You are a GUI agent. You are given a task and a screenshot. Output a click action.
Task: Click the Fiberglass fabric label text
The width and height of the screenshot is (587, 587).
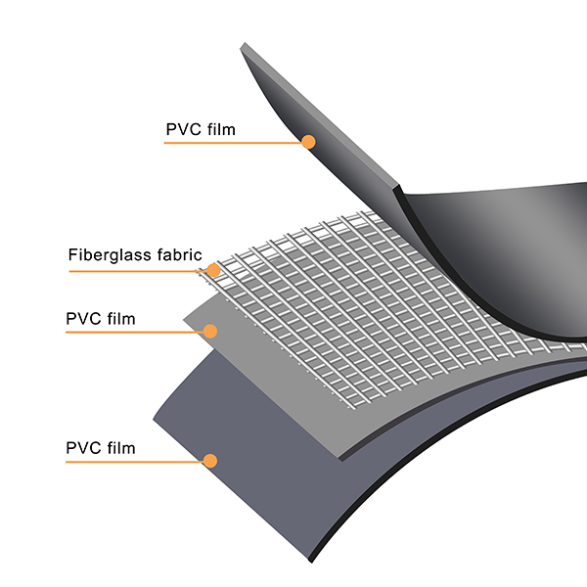click(x=134, y=256)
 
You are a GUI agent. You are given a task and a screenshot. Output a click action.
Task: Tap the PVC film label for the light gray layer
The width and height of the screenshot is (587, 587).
click(x=100, y=318)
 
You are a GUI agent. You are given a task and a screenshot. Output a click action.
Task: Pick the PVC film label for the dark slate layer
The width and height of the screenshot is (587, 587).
click(x=100, y=449)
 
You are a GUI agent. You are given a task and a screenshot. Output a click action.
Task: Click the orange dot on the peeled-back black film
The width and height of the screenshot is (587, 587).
click(x=308, y=142)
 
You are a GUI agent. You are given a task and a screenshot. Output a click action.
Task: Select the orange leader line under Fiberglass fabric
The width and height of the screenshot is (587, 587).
click(x=137, y=269)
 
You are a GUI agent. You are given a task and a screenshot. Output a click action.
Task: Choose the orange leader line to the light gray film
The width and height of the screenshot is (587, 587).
click(x=137, y=333)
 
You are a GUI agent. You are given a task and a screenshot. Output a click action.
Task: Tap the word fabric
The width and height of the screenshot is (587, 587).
click(x=176, y=256)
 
